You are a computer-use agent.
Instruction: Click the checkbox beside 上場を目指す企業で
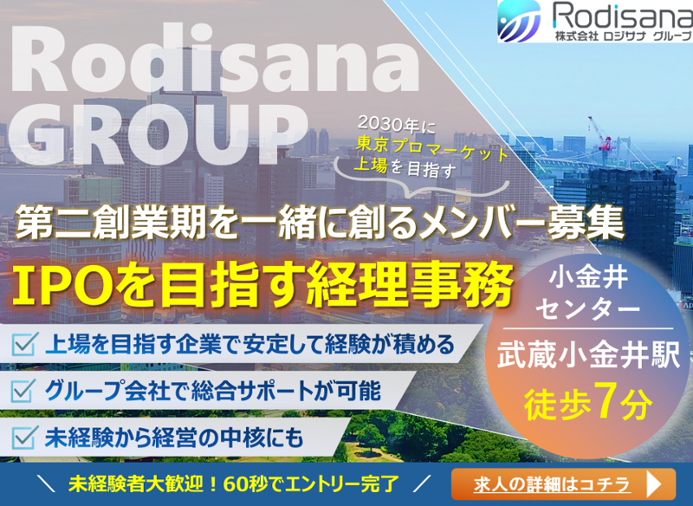click(x=23, y=346)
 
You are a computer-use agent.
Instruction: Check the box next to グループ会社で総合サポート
click(x=23, y=391)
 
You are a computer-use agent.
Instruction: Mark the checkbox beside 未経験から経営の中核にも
click(x=23, y=437)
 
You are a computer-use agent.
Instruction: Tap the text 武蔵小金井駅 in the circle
click(x=581, y=356)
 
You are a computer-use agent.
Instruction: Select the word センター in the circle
click(x=587, y=309)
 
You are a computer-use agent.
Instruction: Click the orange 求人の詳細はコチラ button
click(x=564, y=483)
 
